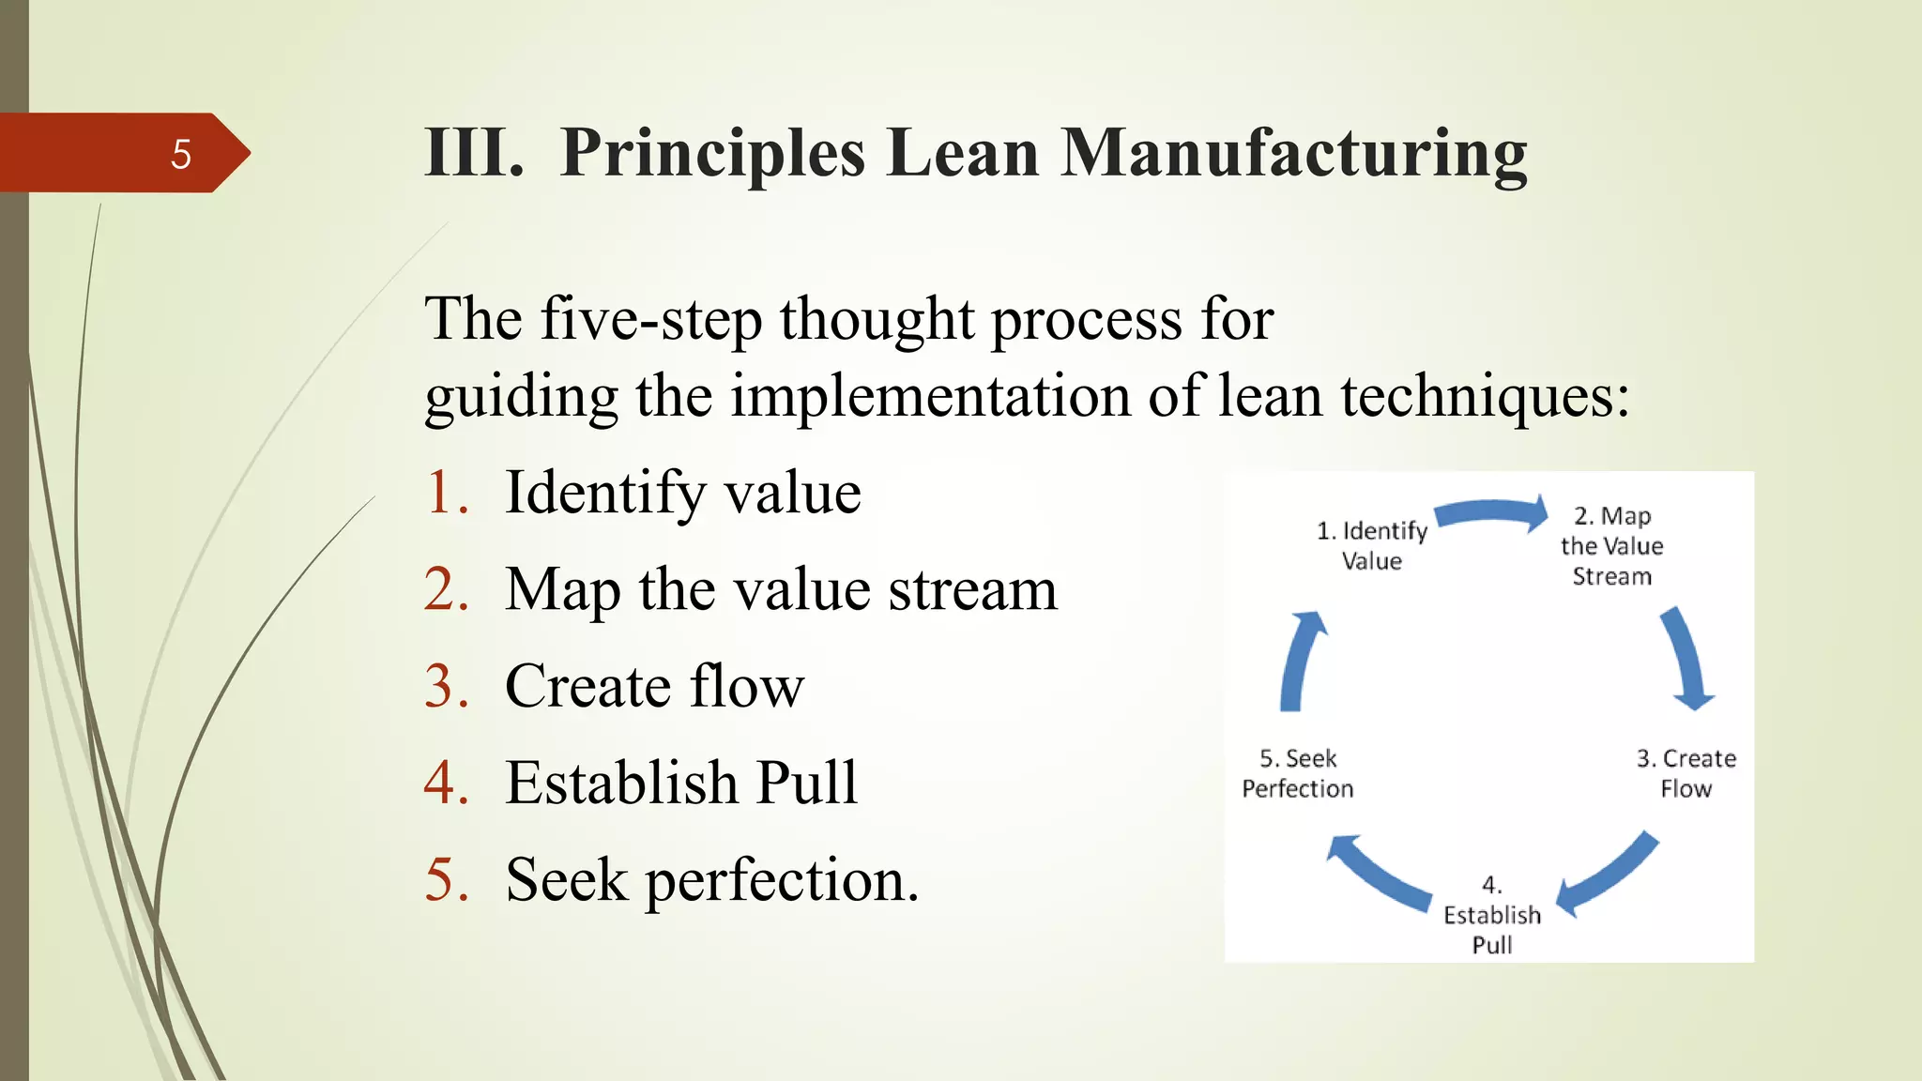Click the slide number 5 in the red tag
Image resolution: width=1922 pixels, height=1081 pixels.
(x=181, y=154)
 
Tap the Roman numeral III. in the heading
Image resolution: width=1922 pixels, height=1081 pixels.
(x=474, y=153)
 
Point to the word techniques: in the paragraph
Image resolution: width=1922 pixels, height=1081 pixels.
(x=1485, y=396)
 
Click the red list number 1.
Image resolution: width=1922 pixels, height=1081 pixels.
(x=446, y=492)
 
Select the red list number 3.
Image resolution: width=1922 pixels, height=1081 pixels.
(x=446, y=686)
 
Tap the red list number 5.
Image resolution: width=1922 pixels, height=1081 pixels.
(x=446, y=880)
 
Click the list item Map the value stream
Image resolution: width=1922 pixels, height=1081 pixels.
(x=780, y=589)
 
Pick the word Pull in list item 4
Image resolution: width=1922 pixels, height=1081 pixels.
(x=806, y=783)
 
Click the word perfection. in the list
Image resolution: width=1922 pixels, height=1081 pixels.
(x=782, y=880)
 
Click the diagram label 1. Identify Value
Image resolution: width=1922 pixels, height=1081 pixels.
(x=1372, y=545)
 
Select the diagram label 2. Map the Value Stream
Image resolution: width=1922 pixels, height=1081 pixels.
(x=1611, y=545)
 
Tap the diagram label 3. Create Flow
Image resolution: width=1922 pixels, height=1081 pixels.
(x=1686, y=773)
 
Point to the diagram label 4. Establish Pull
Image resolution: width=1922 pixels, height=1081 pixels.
(x=1491, y=915)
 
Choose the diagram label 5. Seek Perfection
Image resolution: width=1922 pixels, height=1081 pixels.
(x=1298, y=773)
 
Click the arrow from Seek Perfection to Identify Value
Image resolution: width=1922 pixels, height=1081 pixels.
(x=1300, y=662)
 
